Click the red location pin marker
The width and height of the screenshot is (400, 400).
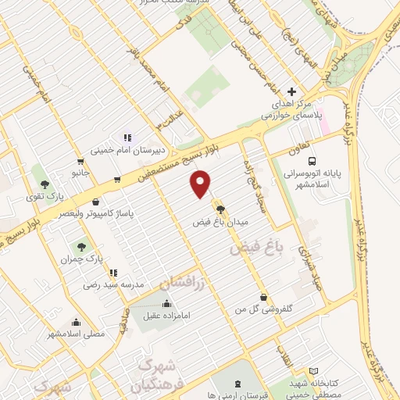202,184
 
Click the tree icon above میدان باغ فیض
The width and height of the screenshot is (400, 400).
220,209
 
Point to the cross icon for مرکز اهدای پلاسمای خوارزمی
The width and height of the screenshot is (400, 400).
292,91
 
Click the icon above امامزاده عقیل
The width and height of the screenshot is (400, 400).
166,303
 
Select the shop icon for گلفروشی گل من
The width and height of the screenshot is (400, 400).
264,297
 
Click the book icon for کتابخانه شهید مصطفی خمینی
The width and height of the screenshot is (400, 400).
314,370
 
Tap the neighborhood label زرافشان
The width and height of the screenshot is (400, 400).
182,281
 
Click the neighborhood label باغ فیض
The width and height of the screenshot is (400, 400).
255,249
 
